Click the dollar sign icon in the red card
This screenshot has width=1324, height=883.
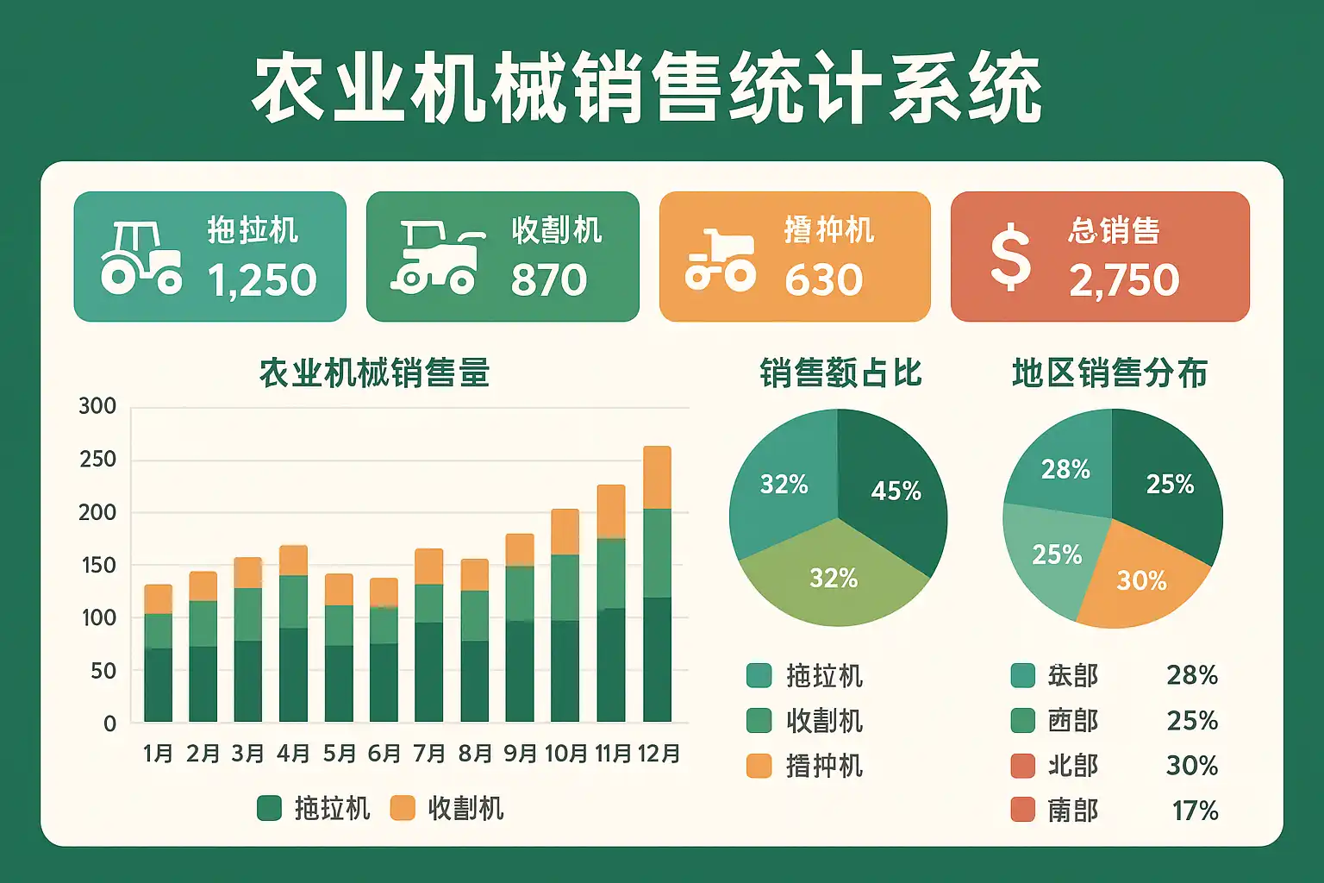pyautogui.click(x=1010, y=256)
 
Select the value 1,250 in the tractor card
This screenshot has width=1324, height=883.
pyautogui.click(x=262, y=280)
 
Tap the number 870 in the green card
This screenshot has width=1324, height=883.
pyautogui.click(x=549, y=280)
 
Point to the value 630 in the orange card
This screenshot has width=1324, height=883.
pyautogui.click(x=823, y=280)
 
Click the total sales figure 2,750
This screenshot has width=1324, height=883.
pyautogui.click(x=1124, y=280)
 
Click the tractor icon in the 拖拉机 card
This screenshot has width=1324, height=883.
pyautogui.click(x=141, y=258)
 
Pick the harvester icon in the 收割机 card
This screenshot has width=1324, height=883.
pyautogui.click(x=437, y=256)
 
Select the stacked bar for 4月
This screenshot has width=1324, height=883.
pyautogui.click(x=293, y=634)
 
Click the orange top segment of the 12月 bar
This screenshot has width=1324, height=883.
pyautogui.click(x=657, y=478)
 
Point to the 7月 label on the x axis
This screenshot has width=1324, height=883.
pyautogui.click(x=429, y=754)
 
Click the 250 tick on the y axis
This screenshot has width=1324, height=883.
pyautogui.click(x=97, y=460)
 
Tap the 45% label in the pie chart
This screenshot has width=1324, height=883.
pyautogui.click(x=896, y=491)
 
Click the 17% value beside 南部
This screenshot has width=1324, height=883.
pyautogui.click(x=1195, y=811)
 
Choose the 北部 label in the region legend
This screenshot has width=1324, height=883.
pyautogui.click(x=1072, y=766)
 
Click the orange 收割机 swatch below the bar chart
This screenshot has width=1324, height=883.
pyautogui.click(x=403, y=808)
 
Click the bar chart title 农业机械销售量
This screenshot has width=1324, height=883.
pyautogui.click(x=374, y=373)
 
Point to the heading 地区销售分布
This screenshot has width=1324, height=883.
pyautogui.click(x=1109, y=373)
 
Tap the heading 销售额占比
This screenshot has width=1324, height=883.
pyautogui.click(x=840, y=373)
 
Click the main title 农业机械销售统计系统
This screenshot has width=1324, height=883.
pyautogui.click(x=646, y=89)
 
